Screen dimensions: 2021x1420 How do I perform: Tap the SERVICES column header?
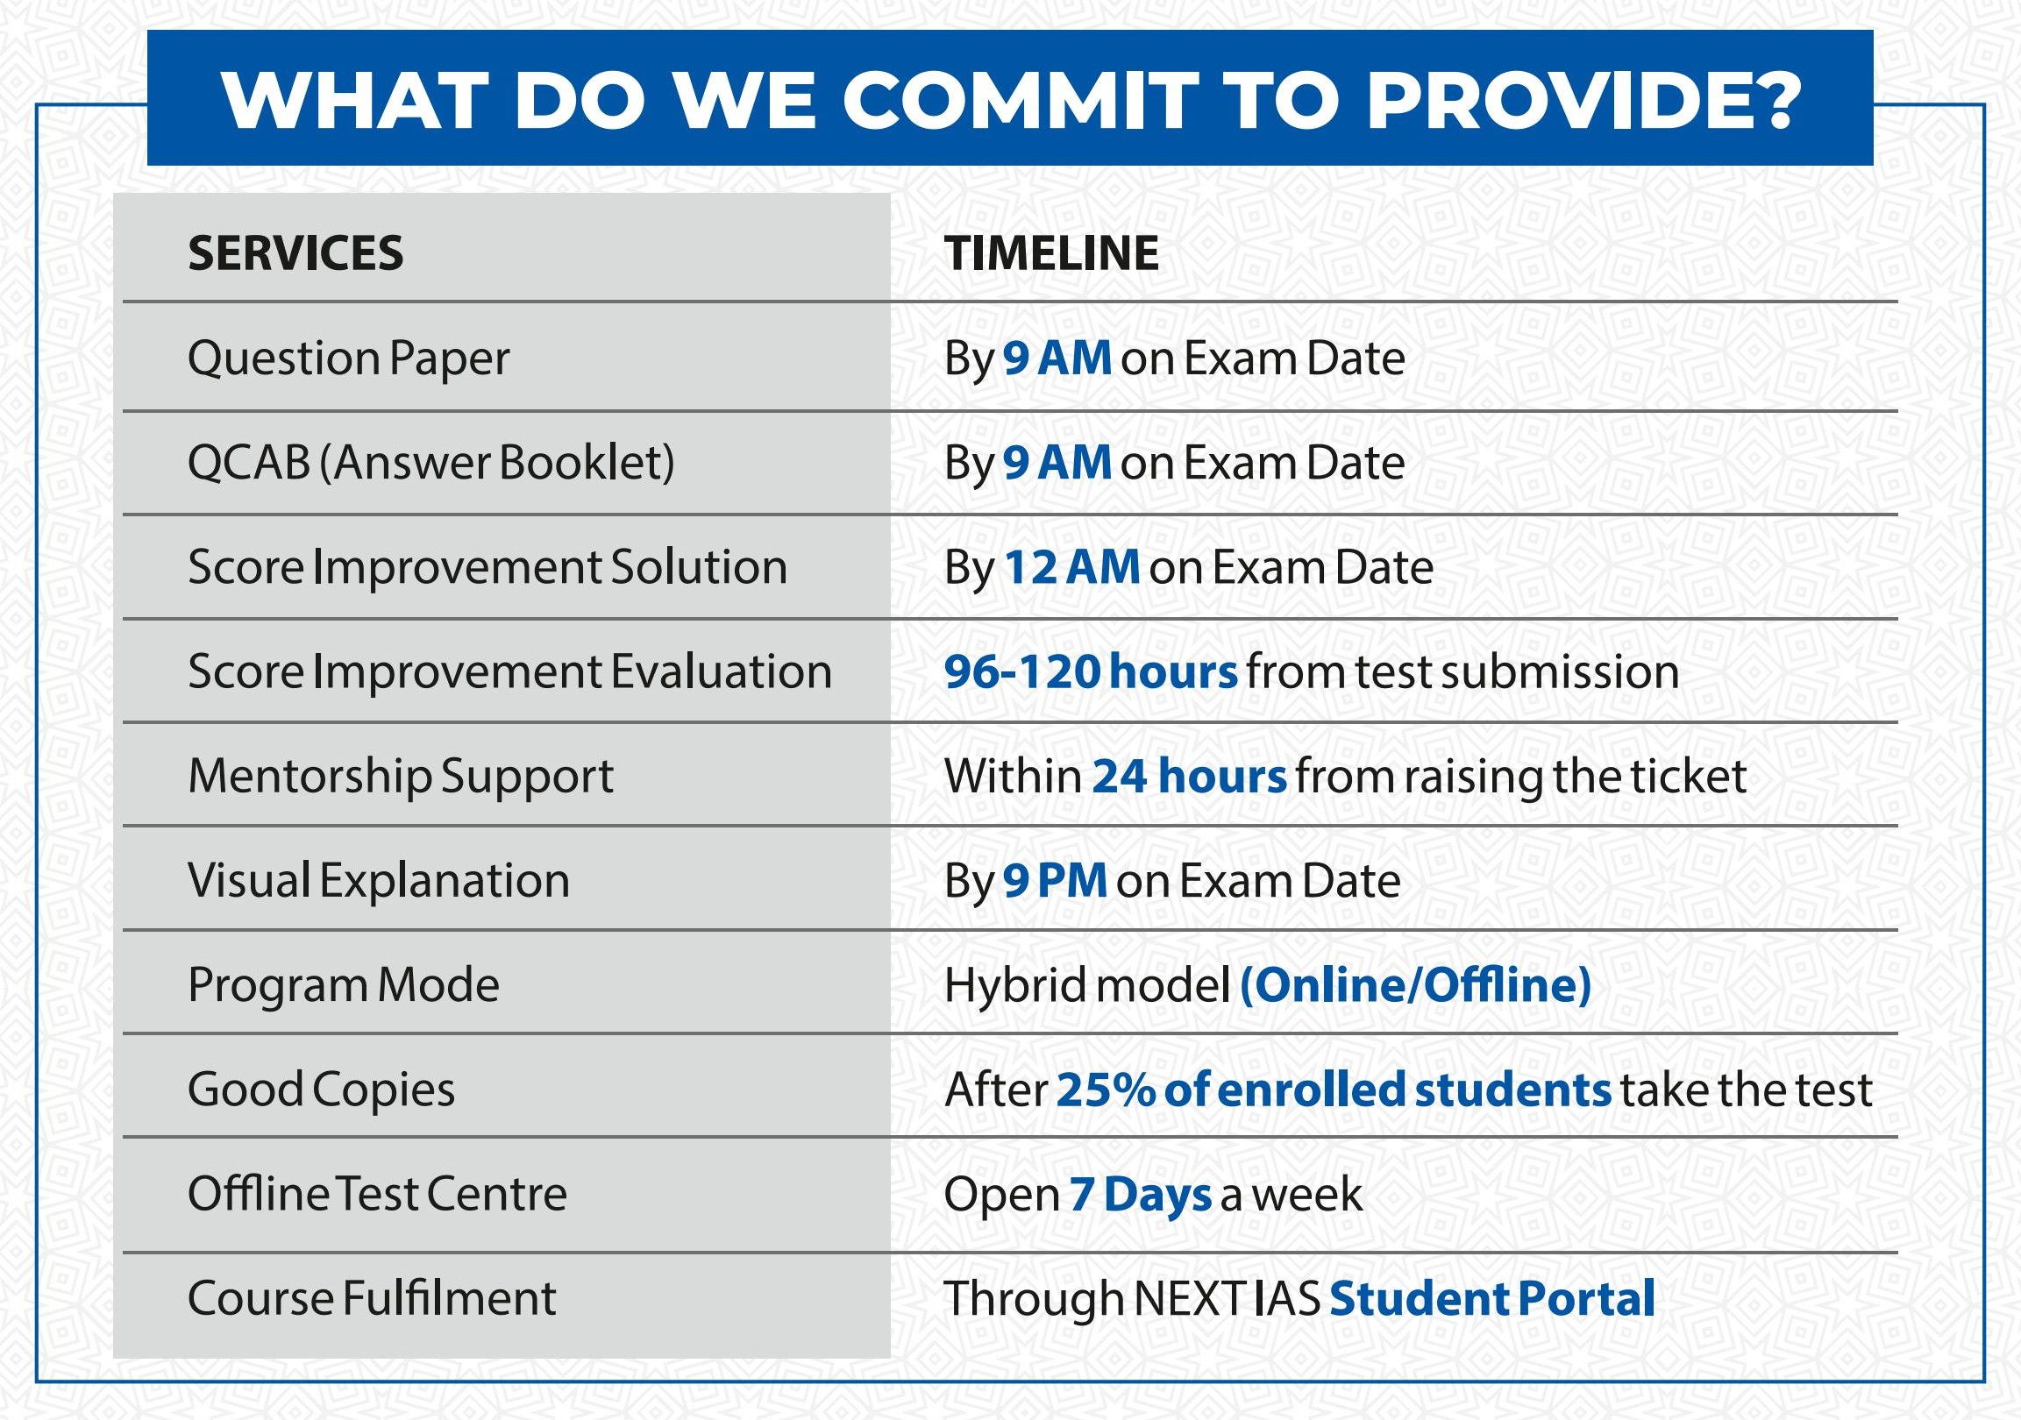click(295, 253)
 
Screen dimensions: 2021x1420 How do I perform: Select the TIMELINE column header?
click(1052, 253)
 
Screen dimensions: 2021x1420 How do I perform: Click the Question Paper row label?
click(349, 359)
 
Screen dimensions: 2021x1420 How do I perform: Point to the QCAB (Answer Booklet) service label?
click(431, 463)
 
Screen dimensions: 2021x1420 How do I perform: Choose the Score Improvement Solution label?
click(487, 566)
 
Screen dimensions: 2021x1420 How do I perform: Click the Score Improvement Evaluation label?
click(509, 671)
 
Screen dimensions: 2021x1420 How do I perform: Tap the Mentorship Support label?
click(401, 777)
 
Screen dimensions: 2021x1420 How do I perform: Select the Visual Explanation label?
click(380, 881)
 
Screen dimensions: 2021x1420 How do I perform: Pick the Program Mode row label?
click(344, 985)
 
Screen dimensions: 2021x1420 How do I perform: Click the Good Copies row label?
click(321, 1090)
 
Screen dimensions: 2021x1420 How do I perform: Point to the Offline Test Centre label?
click(378, 1194)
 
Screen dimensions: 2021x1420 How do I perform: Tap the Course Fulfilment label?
click(373, 1298)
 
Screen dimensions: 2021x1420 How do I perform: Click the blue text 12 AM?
click(1072, 567)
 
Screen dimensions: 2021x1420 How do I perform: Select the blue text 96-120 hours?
click(1092, 672)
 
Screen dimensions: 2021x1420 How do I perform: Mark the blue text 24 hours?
click(1190, 776)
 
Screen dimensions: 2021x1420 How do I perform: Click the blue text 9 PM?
click(1056, 881)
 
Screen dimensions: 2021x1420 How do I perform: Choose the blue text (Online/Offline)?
click(1416, 985)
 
